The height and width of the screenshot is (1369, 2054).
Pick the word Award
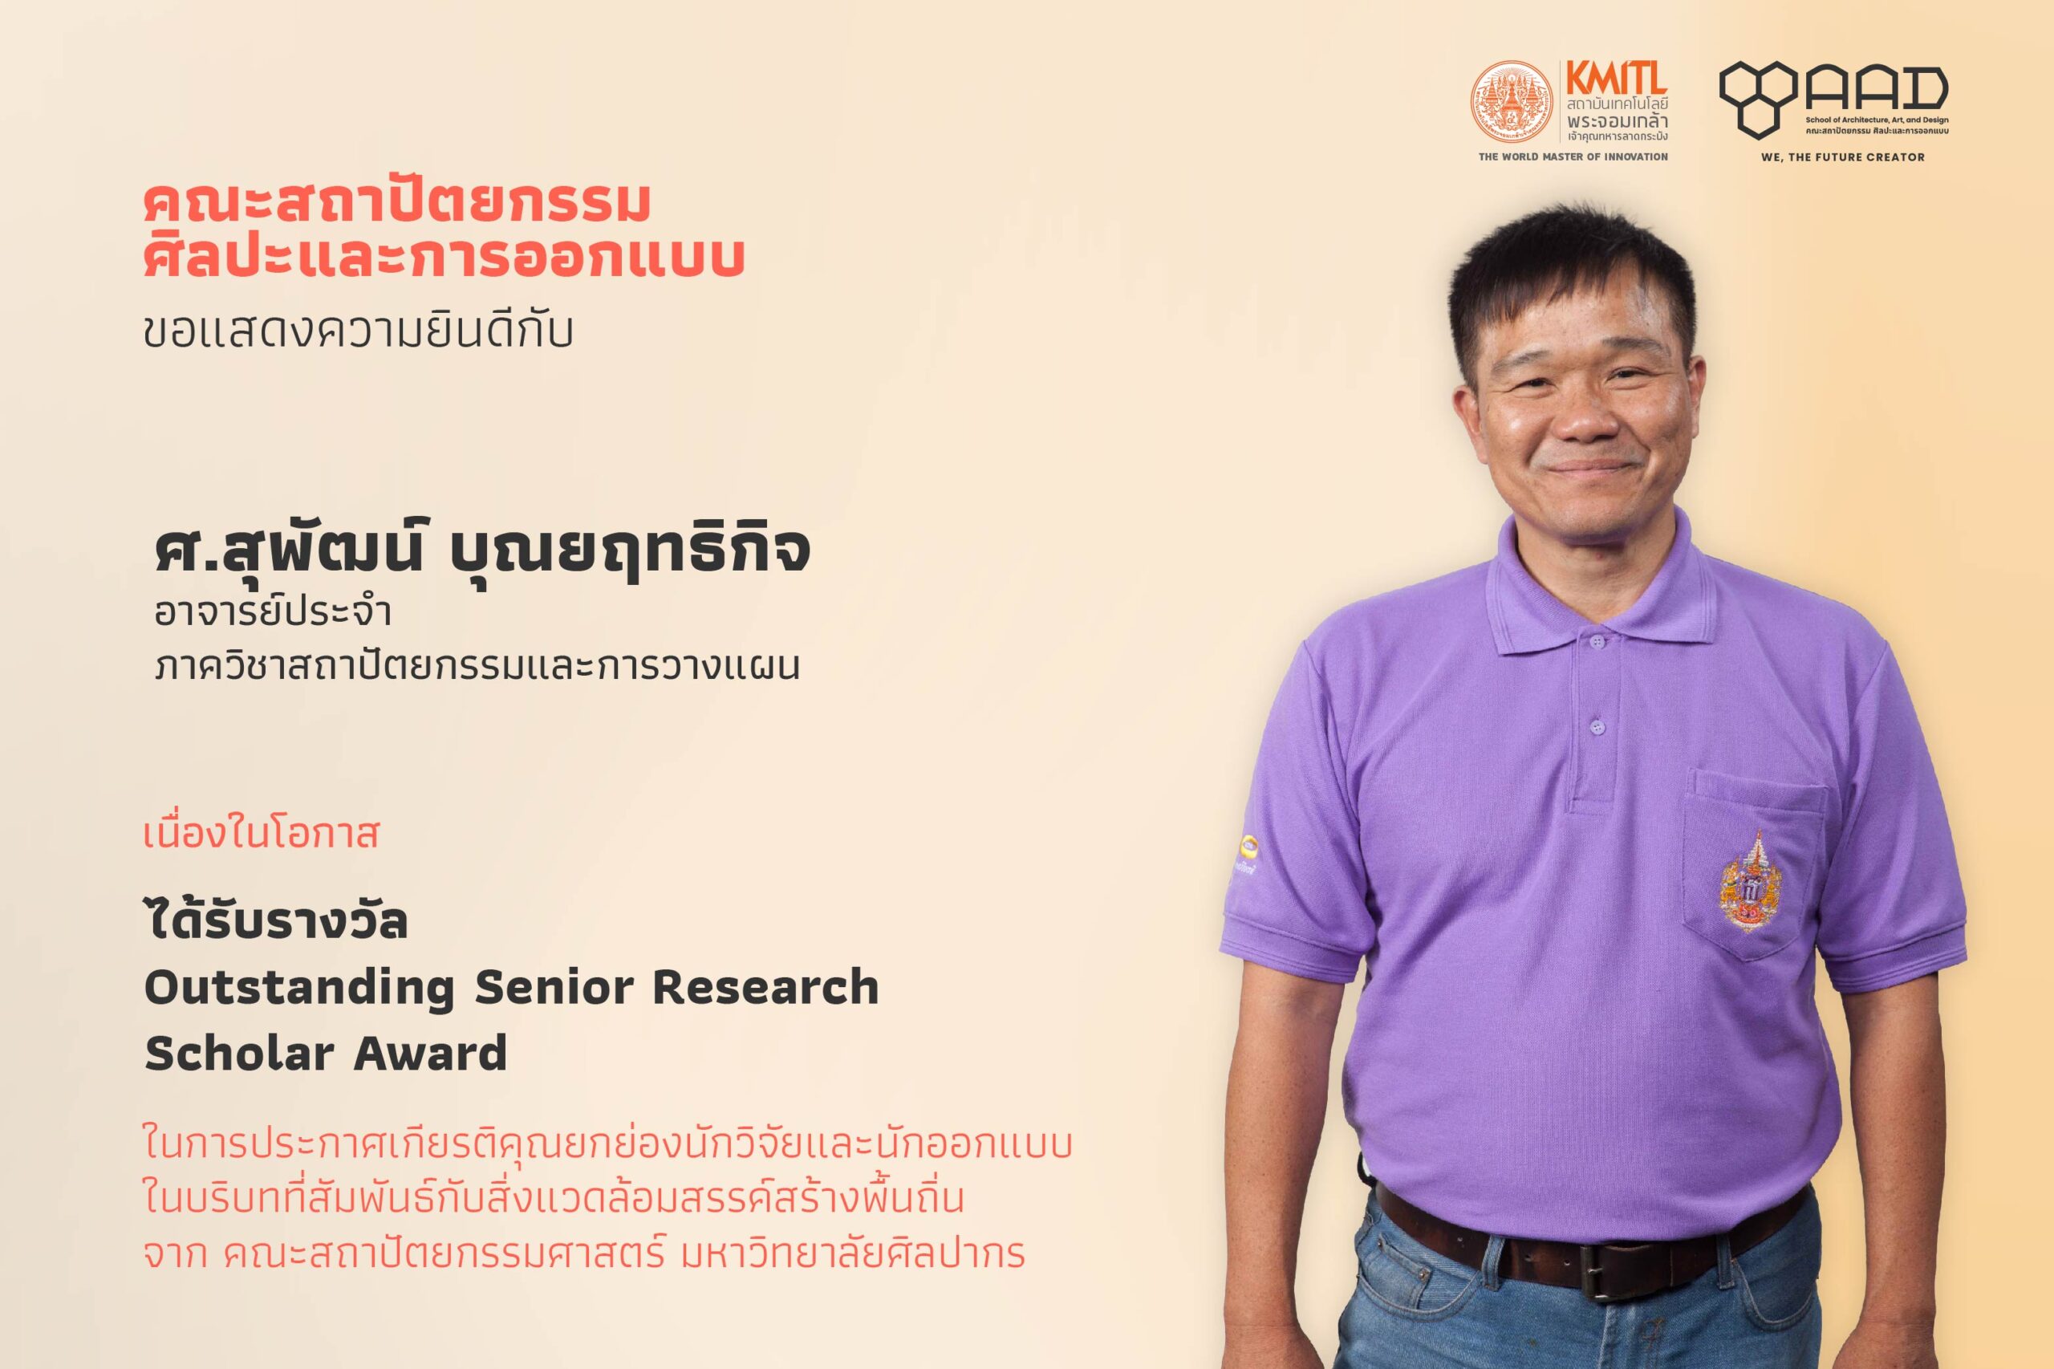[417, 1053]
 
